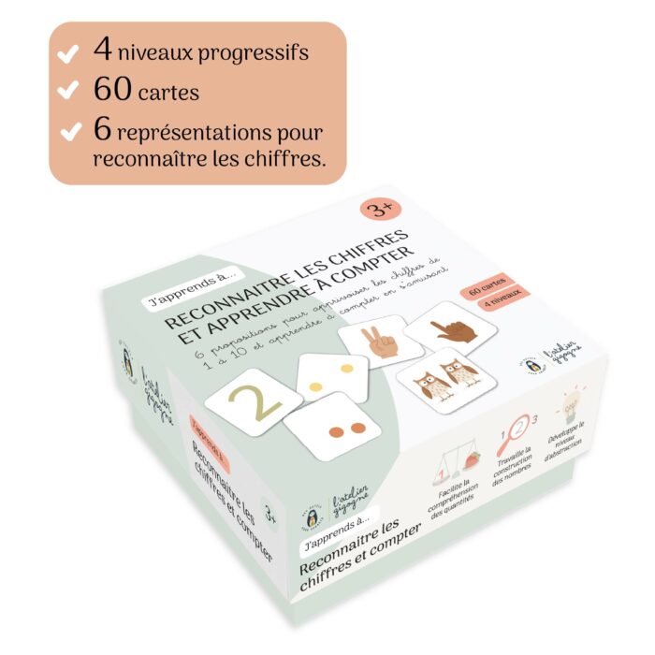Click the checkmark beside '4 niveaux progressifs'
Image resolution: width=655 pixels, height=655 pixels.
click(x=68, y=55)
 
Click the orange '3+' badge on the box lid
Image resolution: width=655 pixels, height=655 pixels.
click(x=374, y=208)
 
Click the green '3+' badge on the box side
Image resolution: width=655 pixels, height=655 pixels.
click(x=269, y=514)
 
